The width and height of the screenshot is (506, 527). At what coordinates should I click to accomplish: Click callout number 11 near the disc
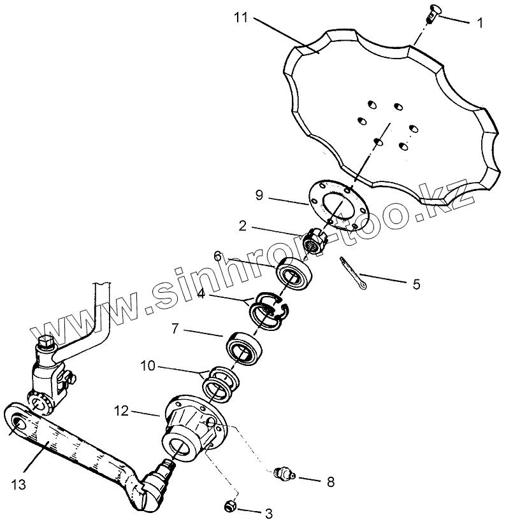click(240, 18)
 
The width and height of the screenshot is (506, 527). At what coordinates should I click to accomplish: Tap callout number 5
click(416, 284)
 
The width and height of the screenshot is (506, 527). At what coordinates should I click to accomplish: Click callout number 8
click(330, 482)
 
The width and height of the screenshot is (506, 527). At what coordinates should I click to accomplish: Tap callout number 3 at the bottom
click(269, 513)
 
